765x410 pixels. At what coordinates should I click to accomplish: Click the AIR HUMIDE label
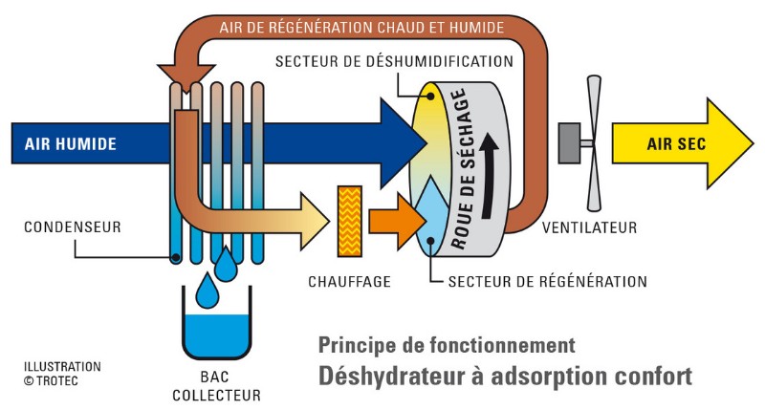click(71, 143)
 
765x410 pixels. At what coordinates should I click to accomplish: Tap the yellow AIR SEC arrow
click(683, 143)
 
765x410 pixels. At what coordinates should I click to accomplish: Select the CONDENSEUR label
click(73, 227)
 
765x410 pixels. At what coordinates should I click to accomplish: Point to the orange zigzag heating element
click(350, 221)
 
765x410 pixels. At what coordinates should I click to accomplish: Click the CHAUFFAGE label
click(349, 281)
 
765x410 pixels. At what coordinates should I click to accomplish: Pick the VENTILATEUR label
click(589, 227)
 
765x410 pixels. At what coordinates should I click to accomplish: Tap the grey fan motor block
click(569, 142)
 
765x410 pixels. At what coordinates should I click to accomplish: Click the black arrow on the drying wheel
click(489, 176)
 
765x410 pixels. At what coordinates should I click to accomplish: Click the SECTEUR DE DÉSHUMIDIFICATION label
click(394, 61)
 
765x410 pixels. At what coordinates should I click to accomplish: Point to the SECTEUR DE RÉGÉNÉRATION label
click(547, 281)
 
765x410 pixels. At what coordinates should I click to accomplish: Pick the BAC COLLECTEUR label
click(217, 385)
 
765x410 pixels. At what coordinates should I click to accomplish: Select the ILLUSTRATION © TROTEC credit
click(62, 374)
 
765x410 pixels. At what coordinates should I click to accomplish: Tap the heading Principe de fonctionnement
click(447, 345)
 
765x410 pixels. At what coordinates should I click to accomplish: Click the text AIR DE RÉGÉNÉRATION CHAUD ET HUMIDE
click(361, 28)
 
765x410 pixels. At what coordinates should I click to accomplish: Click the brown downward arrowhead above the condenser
click(186, 76)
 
